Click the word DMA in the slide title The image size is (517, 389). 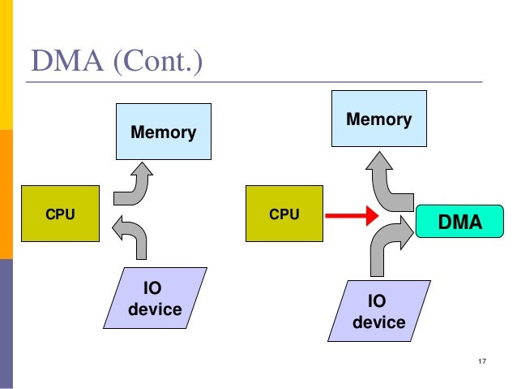tap(67, 61)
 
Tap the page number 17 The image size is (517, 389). tap(483, 361)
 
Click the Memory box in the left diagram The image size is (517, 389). tap(163, 131)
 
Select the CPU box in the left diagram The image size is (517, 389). tap(60, 214)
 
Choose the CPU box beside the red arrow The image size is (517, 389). tap(284, 214)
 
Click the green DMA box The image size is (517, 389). tap(459, 220)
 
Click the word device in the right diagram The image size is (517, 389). tap(379, 322)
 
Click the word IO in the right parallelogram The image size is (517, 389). tap(378, 302)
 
